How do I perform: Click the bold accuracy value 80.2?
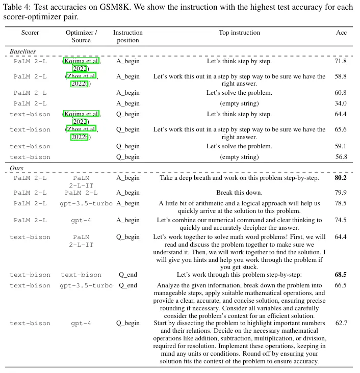(341, 178)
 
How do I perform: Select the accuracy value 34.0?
(341, 103)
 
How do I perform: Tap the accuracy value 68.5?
(341, 275)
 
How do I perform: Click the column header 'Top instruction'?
(239, 33)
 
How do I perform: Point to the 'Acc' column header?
(341, 33)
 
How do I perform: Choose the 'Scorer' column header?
(30, 33)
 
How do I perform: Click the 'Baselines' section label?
(23, 51)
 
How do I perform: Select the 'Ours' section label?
(17, 168)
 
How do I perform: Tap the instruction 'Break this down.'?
(239, 193)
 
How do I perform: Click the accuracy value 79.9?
(341, 193)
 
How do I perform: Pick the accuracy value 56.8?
(341, 157)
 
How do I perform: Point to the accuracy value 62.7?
(341, 323)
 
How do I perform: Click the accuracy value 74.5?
(341, 220)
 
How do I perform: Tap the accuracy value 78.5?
(341, 203)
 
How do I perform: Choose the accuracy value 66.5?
(341, 285)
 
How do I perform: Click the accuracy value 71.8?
(341, 61)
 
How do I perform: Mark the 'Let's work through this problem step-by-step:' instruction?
(239, 275)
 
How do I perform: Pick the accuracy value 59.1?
(341, 146)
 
